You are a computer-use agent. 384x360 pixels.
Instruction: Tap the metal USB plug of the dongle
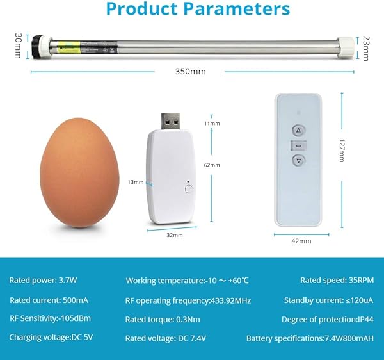click(170, 121)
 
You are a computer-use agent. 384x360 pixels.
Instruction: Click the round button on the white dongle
click(188, 189)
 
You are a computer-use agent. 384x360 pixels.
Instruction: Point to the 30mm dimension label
click(18, 45)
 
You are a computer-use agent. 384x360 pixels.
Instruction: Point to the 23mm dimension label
click(365, 47)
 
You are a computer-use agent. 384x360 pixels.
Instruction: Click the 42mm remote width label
click(301, 241)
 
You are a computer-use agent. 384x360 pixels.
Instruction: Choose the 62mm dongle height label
click(212, 165)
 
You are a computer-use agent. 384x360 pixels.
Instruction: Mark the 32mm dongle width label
click(173, 235)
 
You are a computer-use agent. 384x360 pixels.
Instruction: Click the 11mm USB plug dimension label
click(212, 123)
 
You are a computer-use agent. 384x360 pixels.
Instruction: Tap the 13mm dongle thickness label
click(134, 183)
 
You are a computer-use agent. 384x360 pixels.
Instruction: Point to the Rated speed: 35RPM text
click(336, 281)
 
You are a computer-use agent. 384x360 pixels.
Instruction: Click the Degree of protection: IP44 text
click(328, 319)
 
